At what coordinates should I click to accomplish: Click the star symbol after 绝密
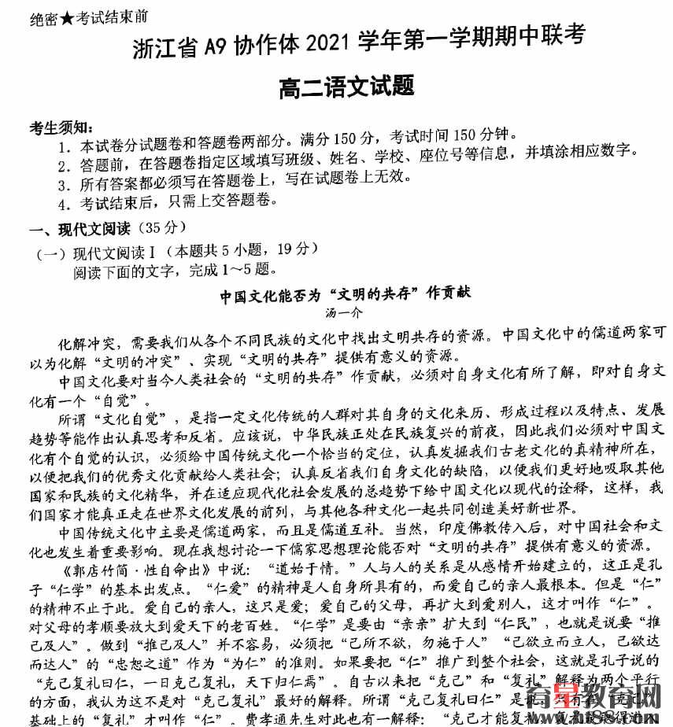pos(68,17)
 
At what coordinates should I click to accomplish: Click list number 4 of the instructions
pos(64,204)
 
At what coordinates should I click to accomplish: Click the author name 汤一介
pos(344,312)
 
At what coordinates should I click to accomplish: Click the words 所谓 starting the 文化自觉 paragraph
pos(74,411)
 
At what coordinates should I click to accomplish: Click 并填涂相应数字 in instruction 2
pos(565,149)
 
